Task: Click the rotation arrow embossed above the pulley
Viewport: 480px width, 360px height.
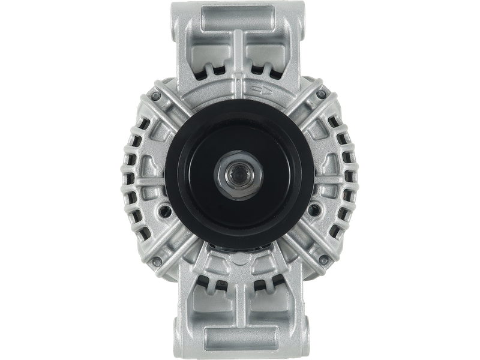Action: pyautogui.click(x=262, y=91)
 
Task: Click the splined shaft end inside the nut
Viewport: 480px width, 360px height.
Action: pyautogui.click(x=239, y=173)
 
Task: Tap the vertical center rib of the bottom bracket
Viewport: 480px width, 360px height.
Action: pyautogui.click(x=239, y=306)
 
